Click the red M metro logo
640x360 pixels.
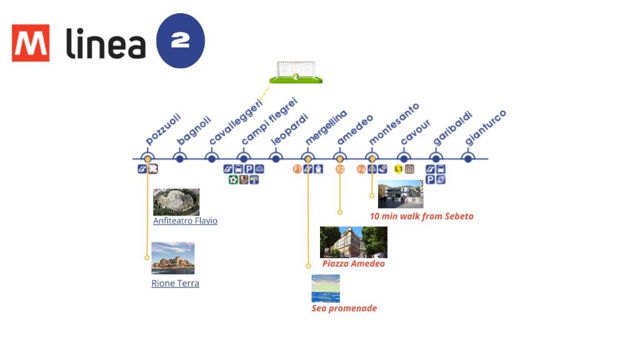pos(30,43)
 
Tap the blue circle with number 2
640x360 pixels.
pos(180,41)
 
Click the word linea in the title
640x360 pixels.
pos(106,44)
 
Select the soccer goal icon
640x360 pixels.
pos(296,72)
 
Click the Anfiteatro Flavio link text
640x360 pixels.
pos(185,221)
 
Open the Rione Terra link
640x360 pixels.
pos(175,283)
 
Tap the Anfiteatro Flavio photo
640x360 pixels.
pos(176,202)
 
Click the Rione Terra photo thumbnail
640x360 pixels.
pos(173,258)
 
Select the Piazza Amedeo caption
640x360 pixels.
pos(354,264)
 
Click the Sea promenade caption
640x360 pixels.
pos(344,308)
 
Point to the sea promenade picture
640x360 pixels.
pos(326,288)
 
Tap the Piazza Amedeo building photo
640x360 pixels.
pos(353,242)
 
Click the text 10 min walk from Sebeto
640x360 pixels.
pos(422,216)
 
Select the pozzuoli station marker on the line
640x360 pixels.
pos(147,159)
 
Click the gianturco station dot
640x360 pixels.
pos(467,159)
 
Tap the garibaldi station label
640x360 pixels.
pos(451,129)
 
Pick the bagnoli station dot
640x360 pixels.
pos(179,159)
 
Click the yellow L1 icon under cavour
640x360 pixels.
pos(398,169)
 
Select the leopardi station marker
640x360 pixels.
pos(276,159)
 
